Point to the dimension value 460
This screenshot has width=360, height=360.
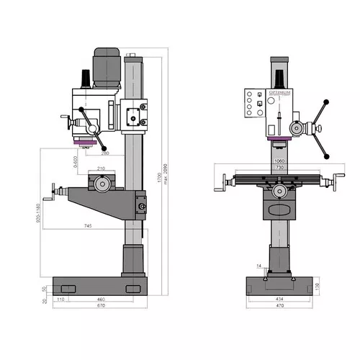coord(101,298)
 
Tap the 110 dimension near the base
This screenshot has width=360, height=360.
coord(62,298)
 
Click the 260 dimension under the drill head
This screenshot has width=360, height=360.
coord(106,153)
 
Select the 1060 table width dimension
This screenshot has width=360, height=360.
coord(279,161)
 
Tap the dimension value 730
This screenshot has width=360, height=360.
coord(279,168)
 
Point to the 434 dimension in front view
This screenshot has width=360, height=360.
coord(279,298)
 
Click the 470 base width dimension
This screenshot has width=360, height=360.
coord(279,305)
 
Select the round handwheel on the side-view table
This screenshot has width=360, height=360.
coord(102,184)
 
